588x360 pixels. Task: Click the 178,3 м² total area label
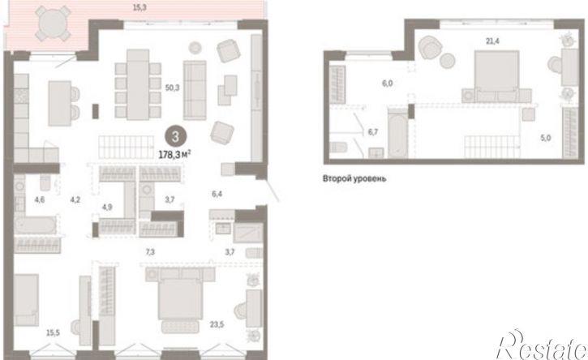(175, 154)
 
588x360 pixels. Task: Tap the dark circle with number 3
(175, 136)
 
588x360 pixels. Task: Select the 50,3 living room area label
(173, 88)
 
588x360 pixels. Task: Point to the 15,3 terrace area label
(139, 7)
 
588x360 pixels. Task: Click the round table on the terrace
(54, 24)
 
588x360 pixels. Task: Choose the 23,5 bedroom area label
(217, 324)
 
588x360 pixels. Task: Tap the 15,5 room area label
(53, 332)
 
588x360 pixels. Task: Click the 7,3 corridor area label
(150, 252)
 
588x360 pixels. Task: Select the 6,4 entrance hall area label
(217, 194)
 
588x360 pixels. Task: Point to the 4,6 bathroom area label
(40, 200)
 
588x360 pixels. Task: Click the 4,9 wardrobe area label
(107, 207)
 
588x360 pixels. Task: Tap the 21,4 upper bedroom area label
(493, 41)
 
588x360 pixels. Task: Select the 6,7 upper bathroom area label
(373, 131)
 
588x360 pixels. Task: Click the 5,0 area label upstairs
(546, 138)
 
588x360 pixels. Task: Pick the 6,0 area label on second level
(388, 84)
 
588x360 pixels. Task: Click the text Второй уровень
(354, 178)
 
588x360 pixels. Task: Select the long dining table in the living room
(138, 85)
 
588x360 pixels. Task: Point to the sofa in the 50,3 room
(195, 90)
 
